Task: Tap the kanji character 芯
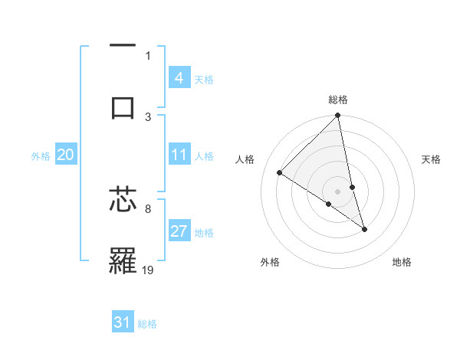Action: tap(122, 200)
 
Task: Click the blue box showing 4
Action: tap(179, 77)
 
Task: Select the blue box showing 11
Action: tap(179, 155)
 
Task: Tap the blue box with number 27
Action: tap(179, 231)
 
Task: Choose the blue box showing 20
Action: tap(66, 155)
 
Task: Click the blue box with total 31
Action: tap(123, 322)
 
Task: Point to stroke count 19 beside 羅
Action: tap(148, 270)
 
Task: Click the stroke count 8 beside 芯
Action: tap(147, 208)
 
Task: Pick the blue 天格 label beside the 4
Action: tap(204, 79)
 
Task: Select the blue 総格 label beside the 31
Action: tap(147, 324)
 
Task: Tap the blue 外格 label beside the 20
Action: tap(41, 156)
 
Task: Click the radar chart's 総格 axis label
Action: tap(338, 100)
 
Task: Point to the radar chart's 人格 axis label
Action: tap(245, 159)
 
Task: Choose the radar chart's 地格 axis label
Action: tap(402, 262)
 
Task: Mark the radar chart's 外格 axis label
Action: tap(270, 262)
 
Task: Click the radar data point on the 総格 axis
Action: tap(338, 116)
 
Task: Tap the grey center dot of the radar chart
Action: tap(338, 191)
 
